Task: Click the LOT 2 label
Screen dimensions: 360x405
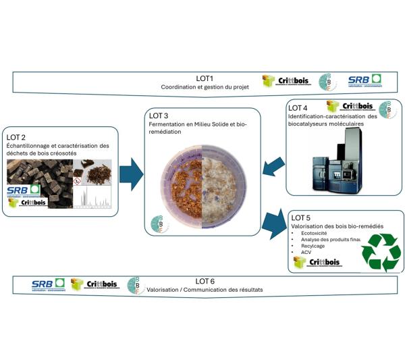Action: click(x=18, y=136)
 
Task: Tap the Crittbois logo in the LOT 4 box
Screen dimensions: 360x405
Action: click(x=349, y=107)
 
